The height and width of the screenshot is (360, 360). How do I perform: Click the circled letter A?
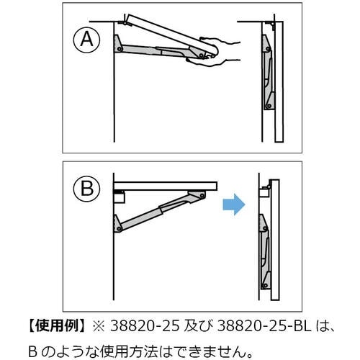pyautogui.click(x=86, y=40)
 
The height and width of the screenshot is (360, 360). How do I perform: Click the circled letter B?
pyautogui.click(x=86, y=189)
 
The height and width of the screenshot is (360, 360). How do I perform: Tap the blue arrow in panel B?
pyautogui.click(x=234, y=204)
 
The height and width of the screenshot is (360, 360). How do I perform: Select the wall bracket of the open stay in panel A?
pyautogui.click(x=118, y=44)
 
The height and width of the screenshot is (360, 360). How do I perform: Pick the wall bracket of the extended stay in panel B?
pyautogui.click(x=117, y=224)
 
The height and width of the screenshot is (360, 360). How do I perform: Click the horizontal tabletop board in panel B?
pyautogui.click(x=166, y=186)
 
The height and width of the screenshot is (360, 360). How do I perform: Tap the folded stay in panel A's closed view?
pyautogui.click(x=269, y=73)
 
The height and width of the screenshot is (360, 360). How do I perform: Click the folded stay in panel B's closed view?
pyautogui.click(x=265, y=251)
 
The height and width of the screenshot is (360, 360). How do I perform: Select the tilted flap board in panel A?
pyautogui.click(x=172, y=33)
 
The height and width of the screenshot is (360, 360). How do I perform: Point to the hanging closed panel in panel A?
pyautogui.click(x=279, y=81)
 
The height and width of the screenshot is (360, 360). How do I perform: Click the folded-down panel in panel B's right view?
pyautogui.click(x=275, y=240)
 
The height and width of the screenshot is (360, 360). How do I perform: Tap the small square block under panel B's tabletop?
pyautogui.click(x=120, y=197)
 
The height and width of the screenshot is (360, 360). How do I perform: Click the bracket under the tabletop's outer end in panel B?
pyautogui.click(x=197, y=195)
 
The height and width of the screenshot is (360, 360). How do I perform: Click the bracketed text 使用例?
pyautogui.click(x=56, y=326)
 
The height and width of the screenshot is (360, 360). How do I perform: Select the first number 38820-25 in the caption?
pyautogui.click(x=145, y=326)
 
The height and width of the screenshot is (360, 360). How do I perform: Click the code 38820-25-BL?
pyautogui.click(x=264, y=326)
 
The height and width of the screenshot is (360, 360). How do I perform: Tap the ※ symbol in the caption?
pyautogui.click(x=99, y=327)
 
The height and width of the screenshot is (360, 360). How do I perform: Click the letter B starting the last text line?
pyautogui.click(x=32, y=352)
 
